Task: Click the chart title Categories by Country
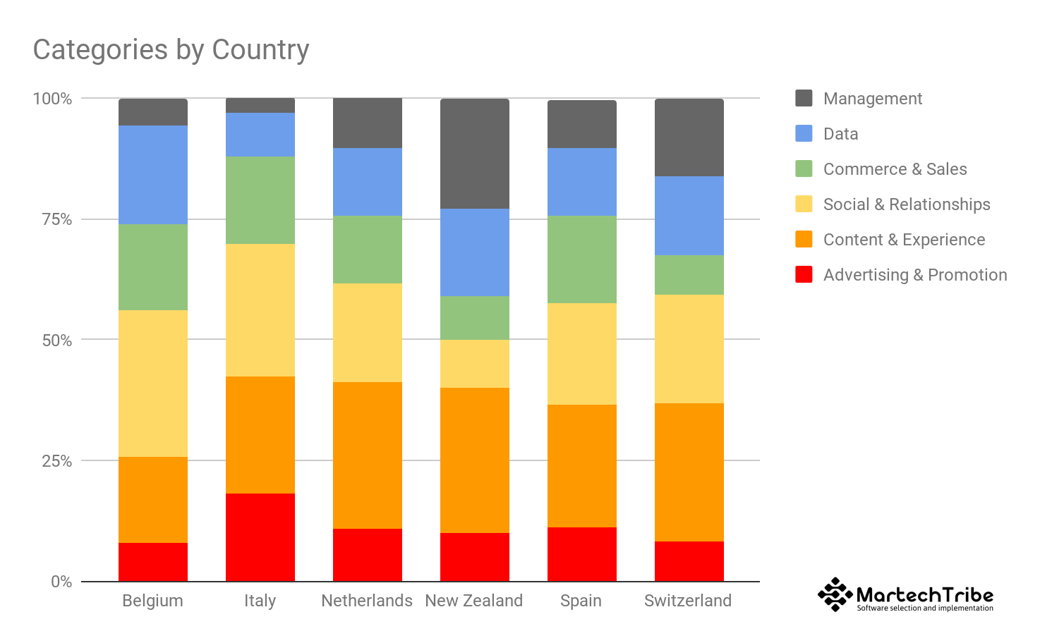point(171,50)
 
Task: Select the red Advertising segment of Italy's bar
point(260,537)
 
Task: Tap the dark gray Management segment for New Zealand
point(474,154)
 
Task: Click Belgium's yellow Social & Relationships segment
point(152,384)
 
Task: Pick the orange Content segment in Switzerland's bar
point(689,472)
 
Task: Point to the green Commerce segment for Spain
point(581,259)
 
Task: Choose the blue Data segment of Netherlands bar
point(367,182)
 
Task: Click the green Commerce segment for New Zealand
point(474,318)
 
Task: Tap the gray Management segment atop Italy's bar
point(260,106)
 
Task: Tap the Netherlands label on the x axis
point(367,601)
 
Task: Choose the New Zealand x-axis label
point(474,601)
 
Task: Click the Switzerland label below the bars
point(688,601)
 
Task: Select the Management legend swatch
point(804,98)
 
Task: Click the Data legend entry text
point(840,134)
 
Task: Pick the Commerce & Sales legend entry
point(895,169)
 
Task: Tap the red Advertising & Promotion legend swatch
point(804,274)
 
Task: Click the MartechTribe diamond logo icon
point(835,594)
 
